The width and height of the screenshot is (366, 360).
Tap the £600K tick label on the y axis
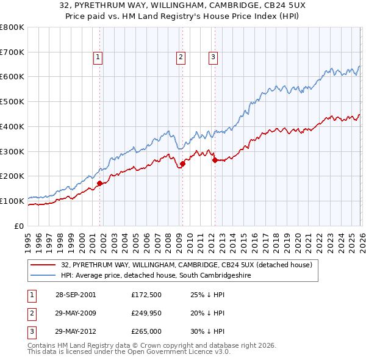coord(12,77)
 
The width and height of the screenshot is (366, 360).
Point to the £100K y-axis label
coord(12,201)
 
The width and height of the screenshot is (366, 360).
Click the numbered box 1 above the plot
coord(98,57)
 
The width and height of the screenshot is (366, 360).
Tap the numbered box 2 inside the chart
coord(181,57)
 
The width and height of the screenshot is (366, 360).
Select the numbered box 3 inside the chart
coord(213,57)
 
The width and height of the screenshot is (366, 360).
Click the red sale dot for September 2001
coord(100,182)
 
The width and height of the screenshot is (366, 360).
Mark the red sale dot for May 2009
coord(182,164)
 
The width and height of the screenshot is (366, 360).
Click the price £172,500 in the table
coord(146,295)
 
